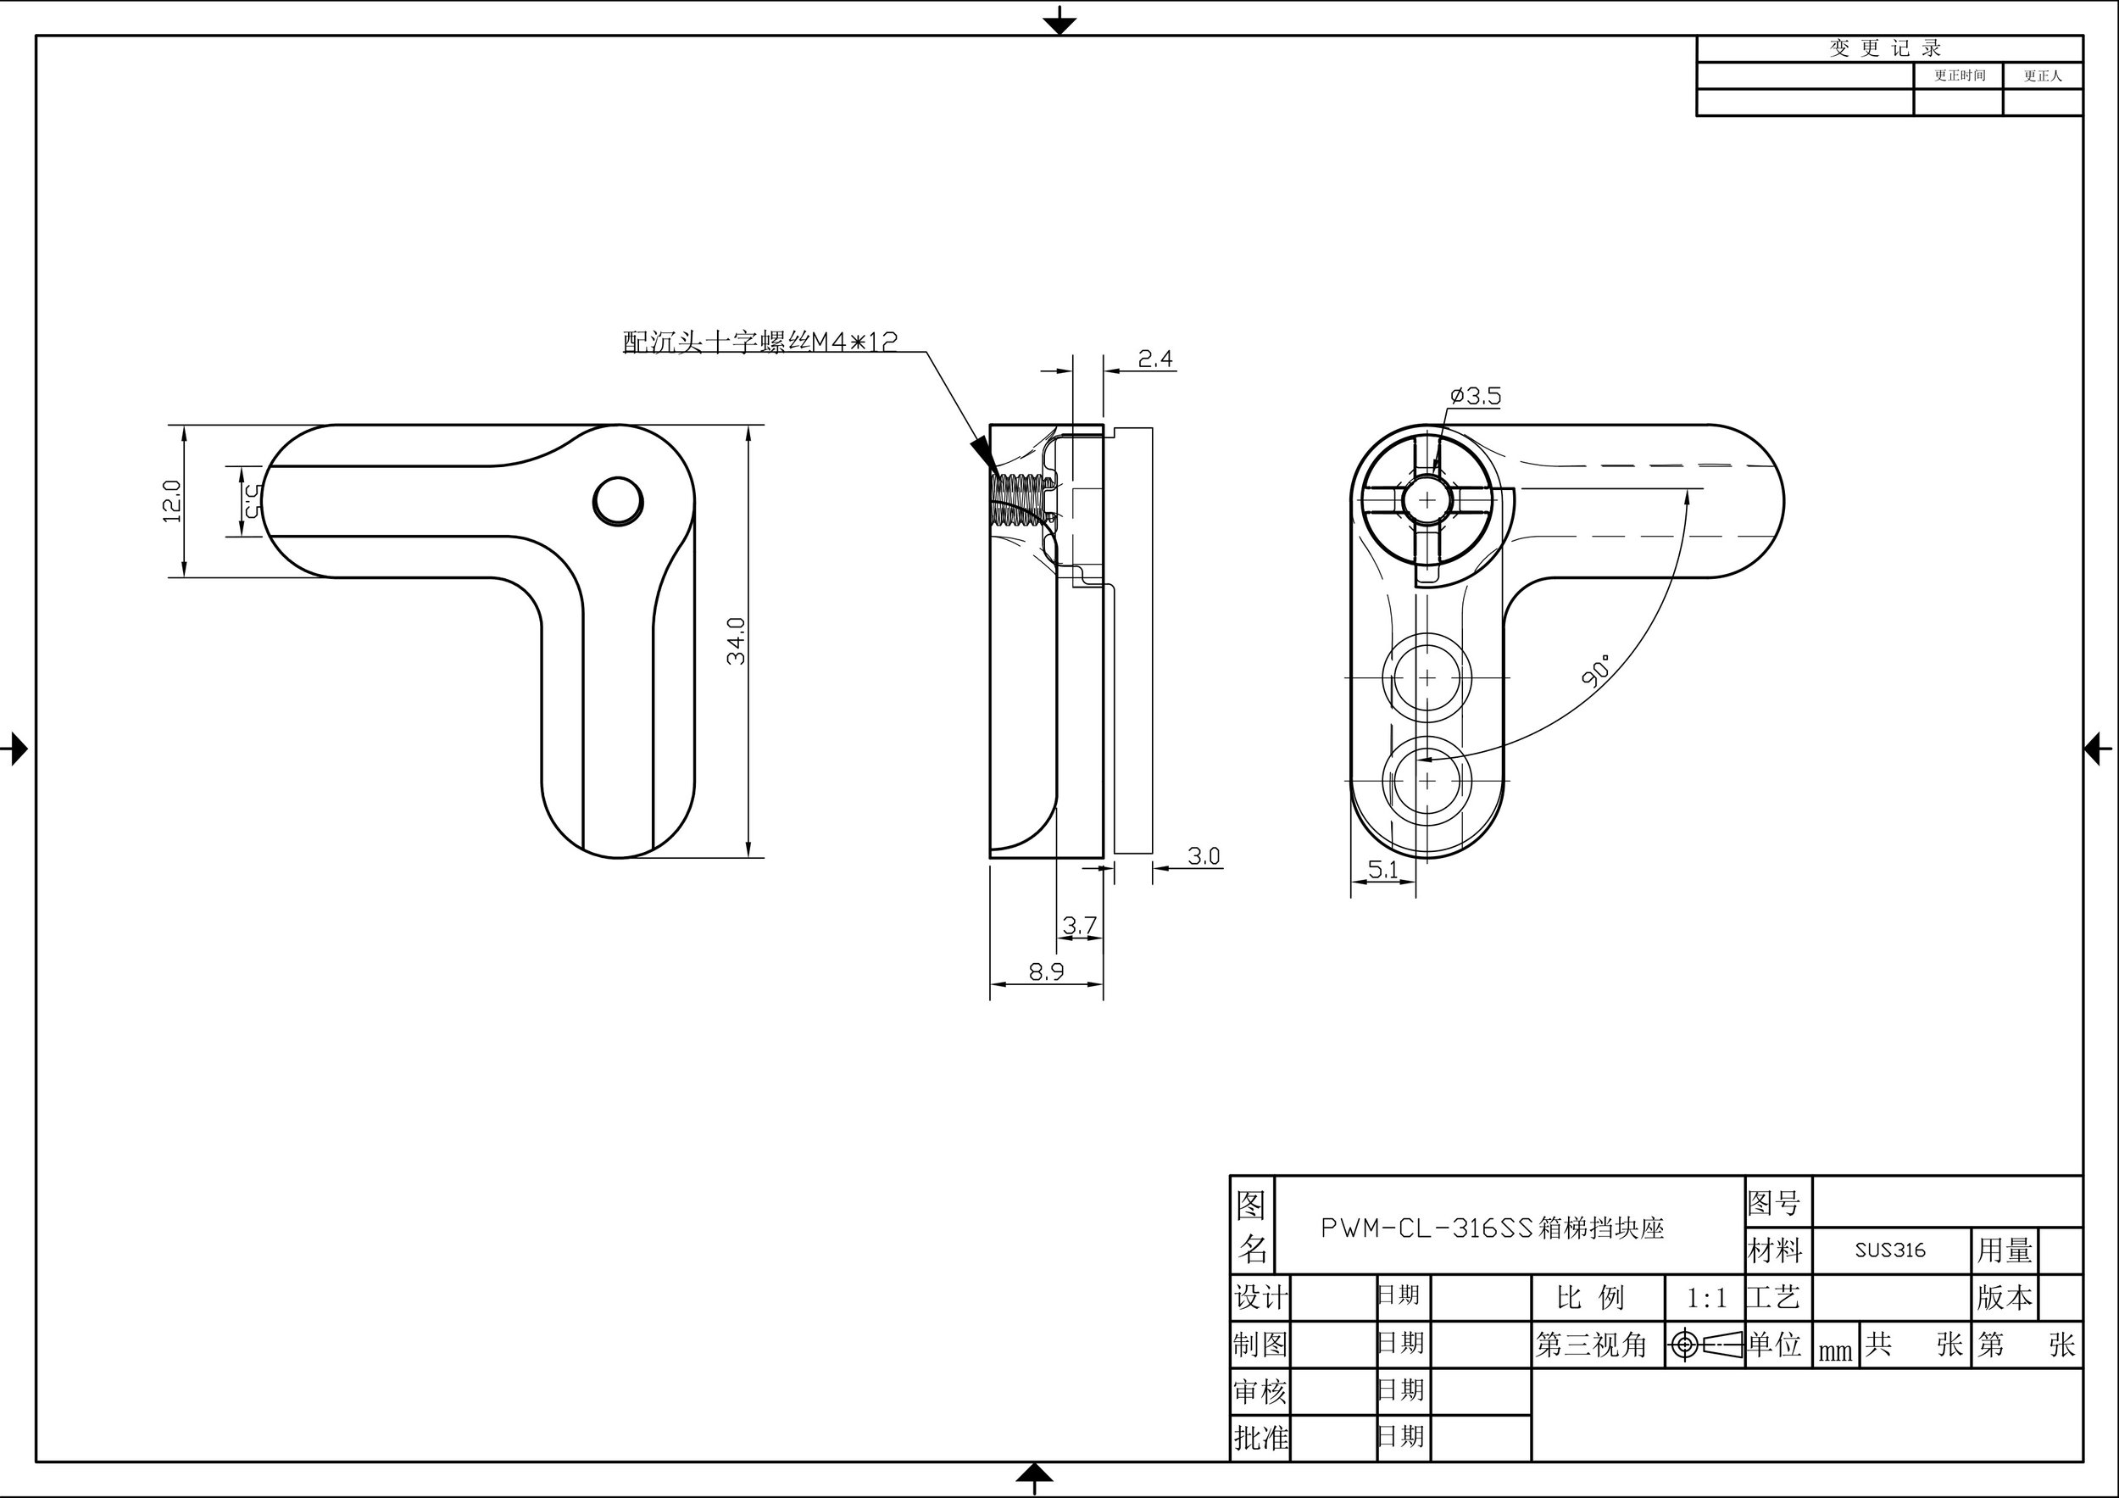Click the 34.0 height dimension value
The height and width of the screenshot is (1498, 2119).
tap(736, 641)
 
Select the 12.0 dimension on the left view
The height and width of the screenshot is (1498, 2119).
tap(172, 501)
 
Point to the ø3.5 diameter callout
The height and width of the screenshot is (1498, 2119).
tap(1476, 396)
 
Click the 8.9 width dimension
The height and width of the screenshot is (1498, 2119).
tap(1047, 971)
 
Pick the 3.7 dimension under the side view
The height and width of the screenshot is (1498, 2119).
tap(1079, 924)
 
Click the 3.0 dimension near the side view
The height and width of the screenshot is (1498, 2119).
tap(1204, 855)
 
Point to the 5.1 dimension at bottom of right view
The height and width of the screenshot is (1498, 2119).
tap(1382, 868)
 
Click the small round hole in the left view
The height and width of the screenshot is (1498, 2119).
tap(617, 502)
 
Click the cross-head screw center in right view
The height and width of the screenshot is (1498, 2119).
tap(1427, 500)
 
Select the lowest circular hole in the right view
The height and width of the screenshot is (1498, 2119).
tap(1427, 780)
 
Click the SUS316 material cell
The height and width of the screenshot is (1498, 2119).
tap(1890, 1250)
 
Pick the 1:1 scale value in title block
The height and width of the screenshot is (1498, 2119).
tap(1705, 1299)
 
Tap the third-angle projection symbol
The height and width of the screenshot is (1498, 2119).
tap(1705, 1345)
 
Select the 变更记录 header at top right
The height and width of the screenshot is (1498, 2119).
tap(1887, 49)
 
